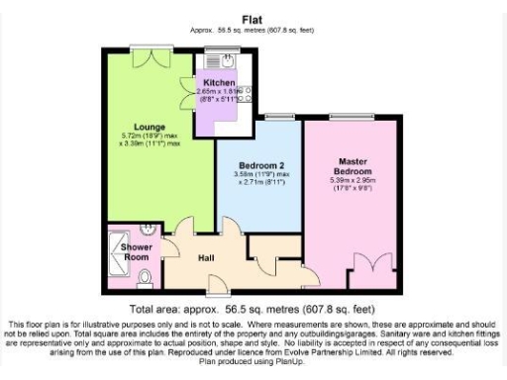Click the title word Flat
(x=252, y=17)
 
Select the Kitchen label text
(x=219, y=81)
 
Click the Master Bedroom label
(x=353, y=165)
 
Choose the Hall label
(x=206, y=257)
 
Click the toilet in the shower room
(x=145, y=279)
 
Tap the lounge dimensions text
(x=149, y=139)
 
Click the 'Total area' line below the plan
(x=252, y=308)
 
